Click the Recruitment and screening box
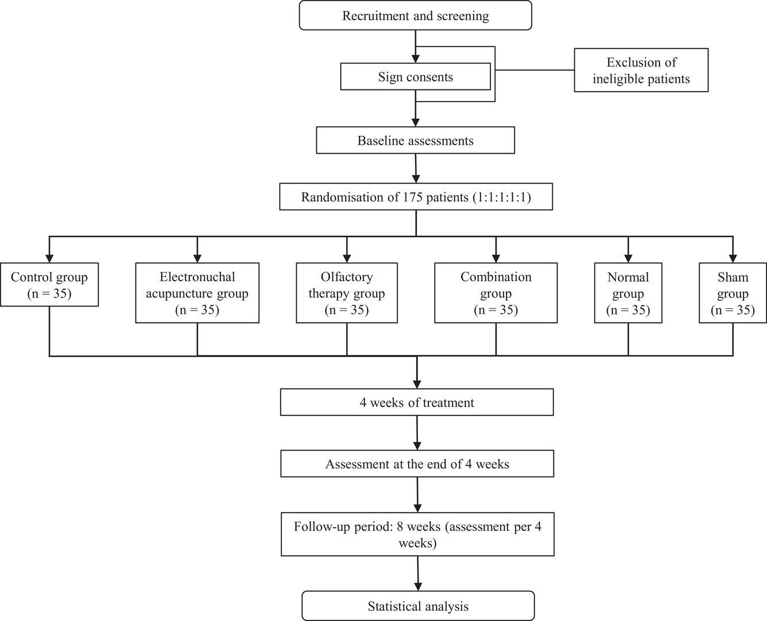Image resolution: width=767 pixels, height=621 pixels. (416, 15)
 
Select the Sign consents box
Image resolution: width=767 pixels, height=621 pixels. (416, 77)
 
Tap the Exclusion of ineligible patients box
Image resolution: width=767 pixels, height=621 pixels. (641, 70)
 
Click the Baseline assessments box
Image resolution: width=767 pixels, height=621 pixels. (416, 140)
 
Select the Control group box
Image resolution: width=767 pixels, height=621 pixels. (49, 285)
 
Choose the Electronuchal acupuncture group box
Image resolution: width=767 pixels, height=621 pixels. (197, 293)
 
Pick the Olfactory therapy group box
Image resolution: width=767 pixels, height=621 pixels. (347, 293)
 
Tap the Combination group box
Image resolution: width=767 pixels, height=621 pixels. (496, 293)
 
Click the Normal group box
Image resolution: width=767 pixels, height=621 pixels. (628, 293)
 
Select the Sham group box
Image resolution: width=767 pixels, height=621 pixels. (733, 293)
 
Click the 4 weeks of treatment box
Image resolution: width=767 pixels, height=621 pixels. (417, 402)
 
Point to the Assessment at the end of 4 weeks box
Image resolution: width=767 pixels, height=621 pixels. (417, 464)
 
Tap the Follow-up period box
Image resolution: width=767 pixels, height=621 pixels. (418, 534)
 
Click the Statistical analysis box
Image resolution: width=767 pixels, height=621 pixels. (418, 606)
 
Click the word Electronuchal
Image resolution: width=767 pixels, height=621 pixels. (197, 277)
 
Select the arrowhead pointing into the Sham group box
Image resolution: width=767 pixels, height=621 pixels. (733, 258)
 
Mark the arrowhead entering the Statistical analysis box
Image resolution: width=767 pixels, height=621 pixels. (418, 587)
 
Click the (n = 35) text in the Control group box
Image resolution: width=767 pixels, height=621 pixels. (49, 294)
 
